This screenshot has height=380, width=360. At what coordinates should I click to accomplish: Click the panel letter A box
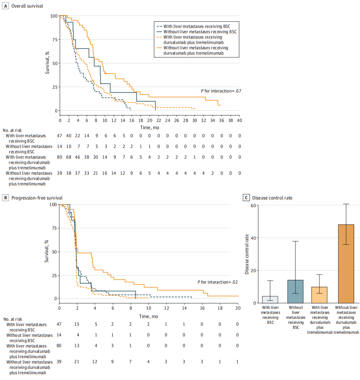point(5,6)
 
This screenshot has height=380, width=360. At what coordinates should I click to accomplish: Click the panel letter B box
point(5,198)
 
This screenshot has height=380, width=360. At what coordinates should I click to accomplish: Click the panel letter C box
point(246,198)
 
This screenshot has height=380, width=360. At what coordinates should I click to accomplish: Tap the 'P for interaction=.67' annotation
point(221,91)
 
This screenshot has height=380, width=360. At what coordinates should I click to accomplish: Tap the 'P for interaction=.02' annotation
point(217,282)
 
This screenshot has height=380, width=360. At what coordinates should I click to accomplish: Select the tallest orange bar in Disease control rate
point(346,264)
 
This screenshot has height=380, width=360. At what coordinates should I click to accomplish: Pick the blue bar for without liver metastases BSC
point(295,292)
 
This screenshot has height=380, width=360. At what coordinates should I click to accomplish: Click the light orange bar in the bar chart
point(319,295)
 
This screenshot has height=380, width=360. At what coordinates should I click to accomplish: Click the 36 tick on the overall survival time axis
point(221,120)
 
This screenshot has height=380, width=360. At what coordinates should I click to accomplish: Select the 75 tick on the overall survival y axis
point(55,40)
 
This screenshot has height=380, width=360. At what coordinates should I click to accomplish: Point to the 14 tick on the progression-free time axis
point(184,308)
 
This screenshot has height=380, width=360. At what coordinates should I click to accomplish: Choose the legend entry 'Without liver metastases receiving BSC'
point(197,32)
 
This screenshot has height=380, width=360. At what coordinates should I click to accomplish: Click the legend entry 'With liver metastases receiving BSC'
point(193,26)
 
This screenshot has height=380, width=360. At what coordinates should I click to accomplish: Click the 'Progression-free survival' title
point(37,198)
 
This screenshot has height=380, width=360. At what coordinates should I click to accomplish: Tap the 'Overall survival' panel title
point(27,6)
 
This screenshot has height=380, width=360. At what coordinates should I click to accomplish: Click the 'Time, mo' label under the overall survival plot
point(150,127)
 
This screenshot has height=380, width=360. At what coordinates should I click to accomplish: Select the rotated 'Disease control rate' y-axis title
point(247,254)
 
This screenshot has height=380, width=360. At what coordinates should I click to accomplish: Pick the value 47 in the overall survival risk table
point(59,136)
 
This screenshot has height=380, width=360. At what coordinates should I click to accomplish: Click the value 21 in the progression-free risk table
point(76,362)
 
